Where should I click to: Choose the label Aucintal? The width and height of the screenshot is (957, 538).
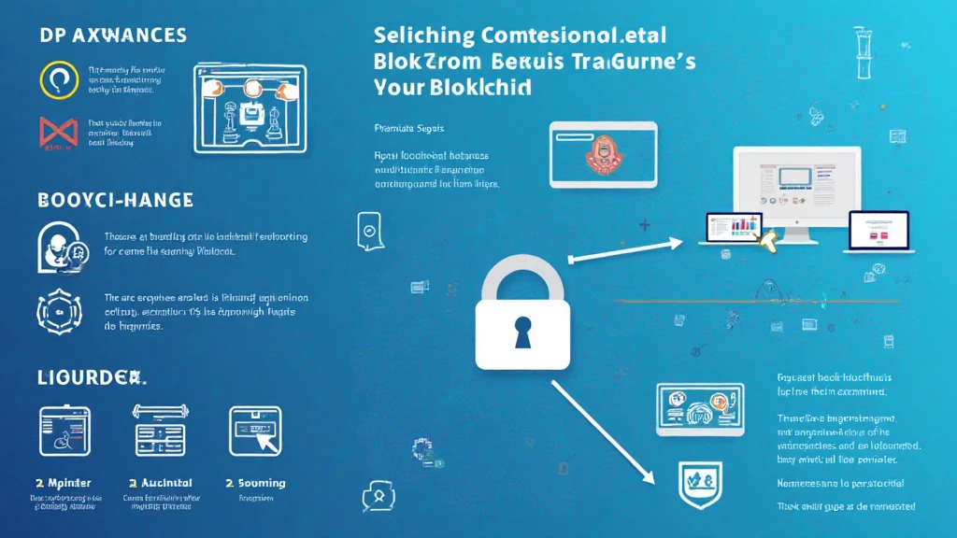pos(164,484)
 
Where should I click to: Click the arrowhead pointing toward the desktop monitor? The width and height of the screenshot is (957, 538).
pos(680,244)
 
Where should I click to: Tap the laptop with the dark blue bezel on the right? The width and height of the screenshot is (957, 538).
pos(877,230)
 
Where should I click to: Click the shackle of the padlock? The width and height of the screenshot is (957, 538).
pos(521,276)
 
